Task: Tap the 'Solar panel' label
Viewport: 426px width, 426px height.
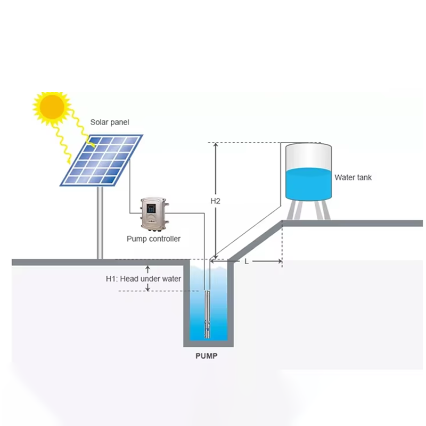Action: (x=109, y=122)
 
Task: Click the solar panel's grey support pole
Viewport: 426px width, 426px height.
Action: (x=100, y=224)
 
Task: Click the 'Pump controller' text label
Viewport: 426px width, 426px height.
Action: (x=153, y=239)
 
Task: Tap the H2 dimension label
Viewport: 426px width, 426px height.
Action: (x=215, y=201)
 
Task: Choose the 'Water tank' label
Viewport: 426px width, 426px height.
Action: (x=353, y=177)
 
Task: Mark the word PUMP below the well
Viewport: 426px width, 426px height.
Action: (x=206, y=356)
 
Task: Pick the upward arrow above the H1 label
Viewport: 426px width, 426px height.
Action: (x=149, y=269)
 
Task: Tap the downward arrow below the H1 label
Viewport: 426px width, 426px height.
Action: (x=149, y=288)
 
